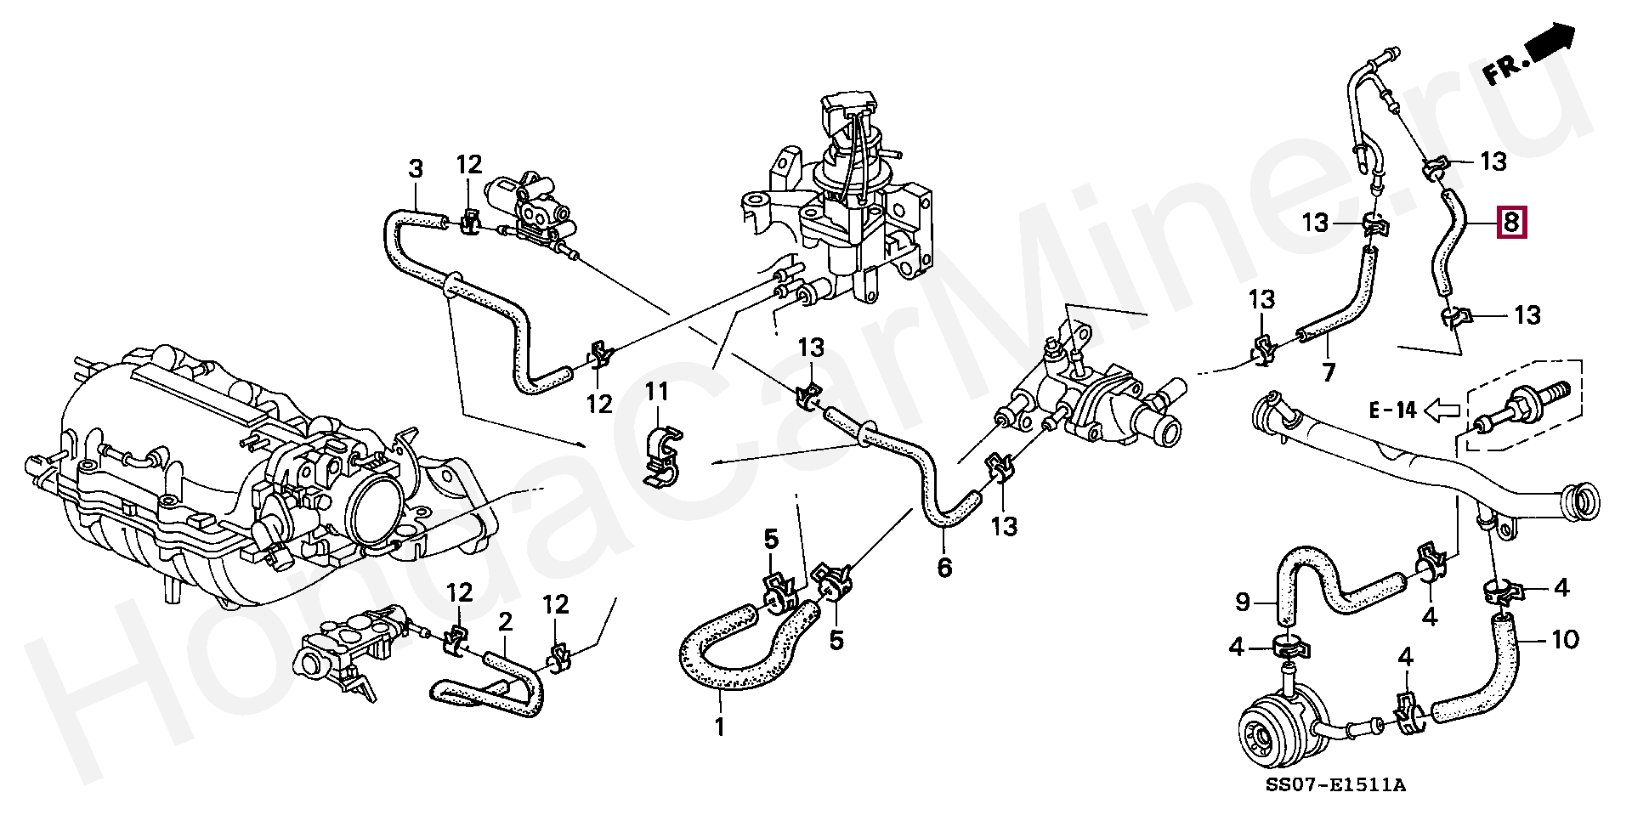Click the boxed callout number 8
[1511, 223]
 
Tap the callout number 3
[416, 168]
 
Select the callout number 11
[657, 392]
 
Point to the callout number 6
[944, 567]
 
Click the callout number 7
[1329, 371]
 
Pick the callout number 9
[1243, 603]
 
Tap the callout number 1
[720, 727]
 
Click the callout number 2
[505, 621]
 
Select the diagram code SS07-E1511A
[1335, 784]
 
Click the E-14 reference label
[1392, 410]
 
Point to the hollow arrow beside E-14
[1442, 411]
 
